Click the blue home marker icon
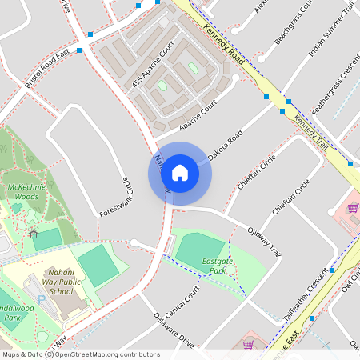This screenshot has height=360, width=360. (180, 173)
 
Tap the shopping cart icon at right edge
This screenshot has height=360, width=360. (352, 208)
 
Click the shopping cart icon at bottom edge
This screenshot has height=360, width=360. (249, 346)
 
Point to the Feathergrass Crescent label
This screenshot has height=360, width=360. (336, 86)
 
